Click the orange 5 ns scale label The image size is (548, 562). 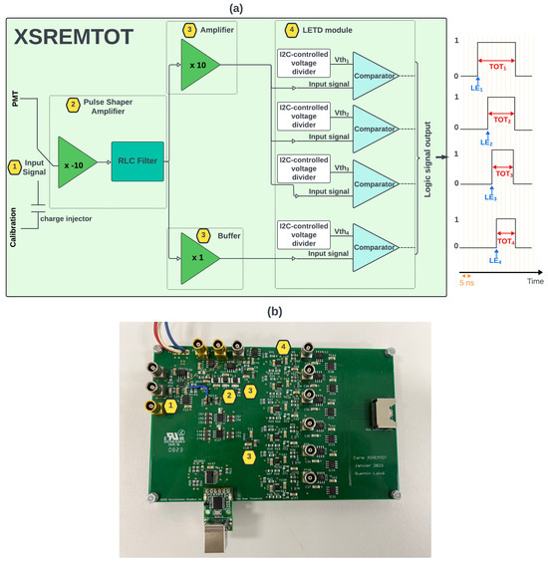(466, 282)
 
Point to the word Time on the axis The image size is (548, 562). (534, 282)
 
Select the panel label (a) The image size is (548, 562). (273, 7)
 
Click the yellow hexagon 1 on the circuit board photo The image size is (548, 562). (170, 406)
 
